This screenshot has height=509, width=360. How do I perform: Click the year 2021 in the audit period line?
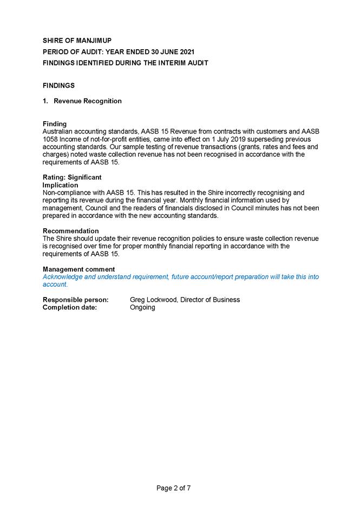pyautogui.click(x=185, y=51)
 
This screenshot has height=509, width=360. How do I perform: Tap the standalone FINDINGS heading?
pyautogui.click(x=58, y=85)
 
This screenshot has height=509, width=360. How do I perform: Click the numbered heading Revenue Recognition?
pyautogui.click(x=87, y=101)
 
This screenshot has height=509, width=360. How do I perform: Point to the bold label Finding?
pyautogui.click(x=55, y=124)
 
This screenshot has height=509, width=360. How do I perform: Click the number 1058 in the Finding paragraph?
pyautogui.click(x=51, y=139)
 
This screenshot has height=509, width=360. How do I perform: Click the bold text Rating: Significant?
pyautogui.click(x=72, y=177)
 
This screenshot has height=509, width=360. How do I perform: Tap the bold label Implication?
pyautogui.click(x=60, y=185)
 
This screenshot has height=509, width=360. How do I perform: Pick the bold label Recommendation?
pyautogui.click(x=70, y=231)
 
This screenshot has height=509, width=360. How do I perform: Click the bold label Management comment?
pyautogui.click(x=78, y=269)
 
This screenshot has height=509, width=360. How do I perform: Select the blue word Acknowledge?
pyautogui.click(x=63, y=277)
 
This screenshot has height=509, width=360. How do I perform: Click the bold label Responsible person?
pyautogui.click(x=75, y=300)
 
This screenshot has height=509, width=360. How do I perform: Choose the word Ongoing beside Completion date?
pyautogui.click(x=142, y=307)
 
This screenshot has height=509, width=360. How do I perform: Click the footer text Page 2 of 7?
pyautogui.click(x=173, y=488)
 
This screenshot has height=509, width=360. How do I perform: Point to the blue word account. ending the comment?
pyautogui.click(x=55, y=285)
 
